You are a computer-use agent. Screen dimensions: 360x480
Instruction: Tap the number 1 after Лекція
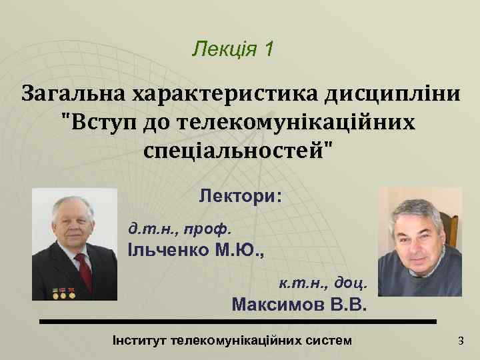(268, 49)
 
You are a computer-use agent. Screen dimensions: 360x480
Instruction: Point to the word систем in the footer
(329, 341)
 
